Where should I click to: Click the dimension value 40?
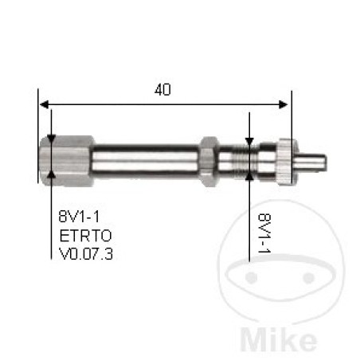tap(162, 90)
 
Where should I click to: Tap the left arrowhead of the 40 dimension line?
tap(44, 104)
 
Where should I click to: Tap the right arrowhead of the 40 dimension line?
tap(283, 104)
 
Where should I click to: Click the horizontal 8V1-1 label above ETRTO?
tap(79, 216)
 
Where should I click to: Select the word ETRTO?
tap(85, 236)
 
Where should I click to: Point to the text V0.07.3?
tap(86, 254)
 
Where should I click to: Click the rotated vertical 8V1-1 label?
tap(264, 233)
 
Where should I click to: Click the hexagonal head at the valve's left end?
tap(67, 160)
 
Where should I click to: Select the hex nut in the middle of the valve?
tap(209, 162)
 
